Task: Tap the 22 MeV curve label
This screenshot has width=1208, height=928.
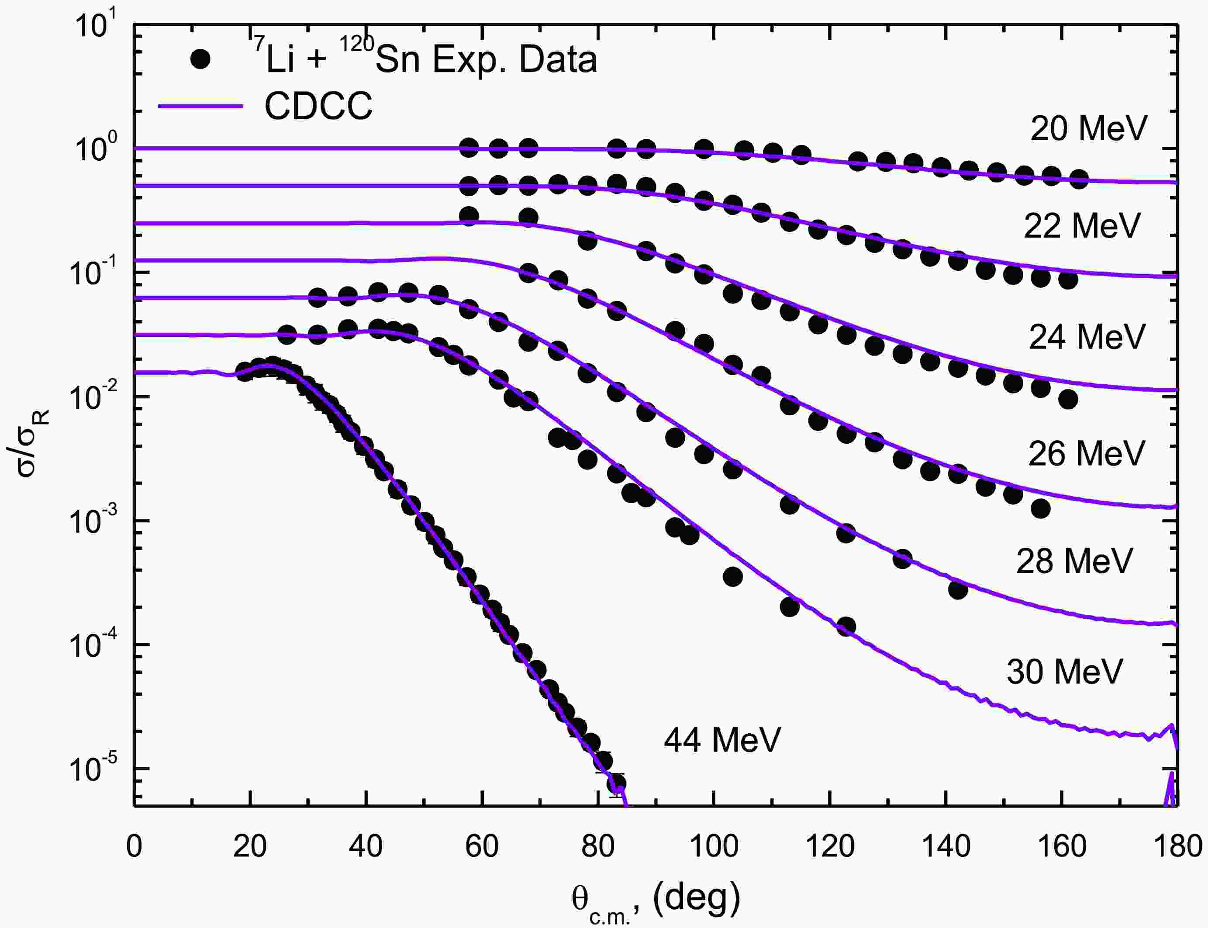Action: (x=1081, y=225)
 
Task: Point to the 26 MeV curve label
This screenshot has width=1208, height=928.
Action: (x=1086, y=453)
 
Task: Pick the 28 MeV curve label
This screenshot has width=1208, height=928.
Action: (x=1074, y=561)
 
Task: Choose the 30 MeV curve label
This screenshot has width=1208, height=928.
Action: (x=1064, y=672)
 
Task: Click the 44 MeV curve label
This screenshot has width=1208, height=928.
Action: (x=722, y=740)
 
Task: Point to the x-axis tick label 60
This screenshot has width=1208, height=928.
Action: (x=482, y=846)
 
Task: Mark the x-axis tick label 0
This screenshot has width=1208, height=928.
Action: (x=134, y=846)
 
